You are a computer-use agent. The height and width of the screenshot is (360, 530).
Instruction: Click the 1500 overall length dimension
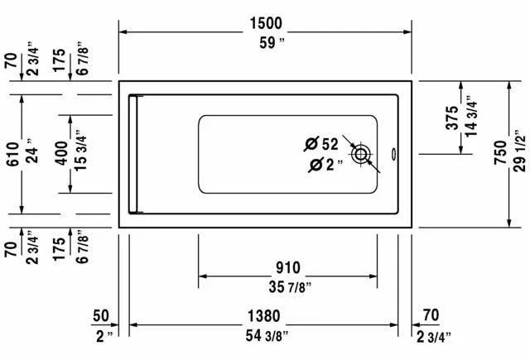coord(266,23)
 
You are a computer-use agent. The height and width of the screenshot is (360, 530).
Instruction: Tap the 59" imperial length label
coord(272,43)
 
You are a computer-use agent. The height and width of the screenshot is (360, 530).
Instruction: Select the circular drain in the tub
coord(361,155)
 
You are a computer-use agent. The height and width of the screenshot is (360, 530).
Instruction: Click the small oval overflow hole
coord(393,154)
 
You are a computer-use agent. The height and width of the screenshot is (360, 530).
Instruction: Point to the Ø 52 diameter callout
coord(320,144)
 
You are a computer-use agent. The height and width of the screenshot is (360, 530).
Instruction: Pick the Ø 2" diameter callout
coord(325,165)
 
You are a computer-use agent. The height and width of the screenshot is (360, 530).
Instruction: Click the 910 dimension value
coord(288,268)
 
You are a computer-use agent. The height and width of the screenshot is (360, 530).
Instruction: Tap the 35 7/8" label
coord(290,287)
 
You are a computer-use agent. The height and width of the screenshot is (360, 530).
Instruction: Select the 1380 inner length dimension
coord(264,316)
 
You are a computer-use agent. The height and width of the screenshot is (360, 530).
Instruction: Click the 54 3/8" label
coord(267,336)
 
